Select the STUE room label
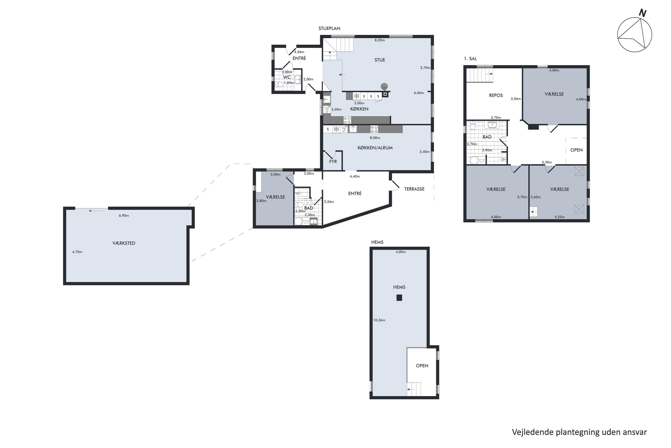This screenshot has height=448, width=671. [380, 60]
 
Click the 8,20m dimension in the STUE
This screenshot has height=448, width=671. [379, 40]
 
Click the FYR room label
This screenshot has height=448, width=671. [333, 162]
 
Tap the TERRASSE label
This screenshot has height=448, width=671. [414, 189]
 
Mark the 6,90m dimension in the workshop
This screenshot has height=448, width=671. [124, 216]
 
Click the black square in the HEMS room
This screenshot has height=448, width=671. [399, 298]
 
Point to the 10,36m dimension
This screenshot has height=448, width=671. [379, 320]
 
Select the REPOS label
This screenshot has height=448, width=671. [496, 95]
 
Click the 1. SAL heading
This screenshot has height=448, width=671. [470, 58]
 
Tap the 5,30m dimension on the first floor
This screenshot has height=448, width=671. [547, 162]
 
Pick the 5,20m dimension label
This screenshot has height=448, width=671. [559, 217]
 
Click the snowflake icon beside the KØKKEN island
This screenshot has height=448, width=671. [356, 96]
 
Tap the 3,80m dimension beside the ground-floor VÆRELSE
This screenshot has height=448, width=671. [261, 201]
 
